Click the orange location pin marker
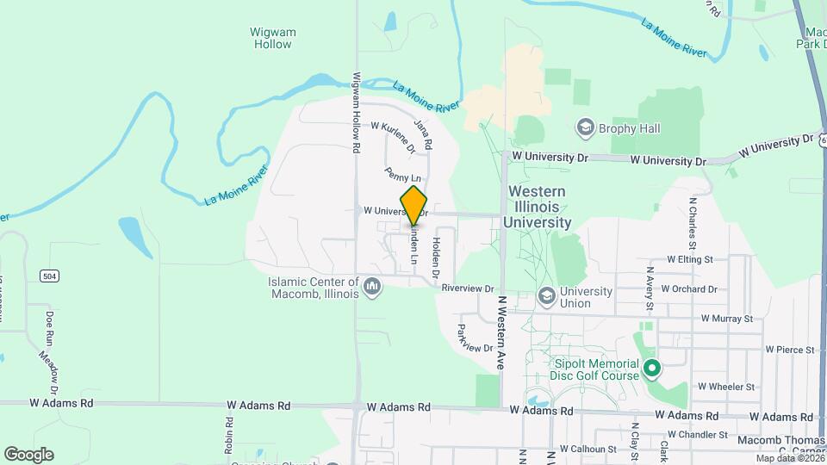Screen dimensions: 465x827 [414, 205]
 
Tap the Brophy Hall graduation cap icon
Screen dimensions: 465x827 [586, 128]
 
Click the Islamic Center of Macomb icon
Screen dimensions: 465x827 [372, 286]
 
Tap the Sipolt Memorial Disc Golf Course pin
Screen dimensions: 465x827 [652, 369]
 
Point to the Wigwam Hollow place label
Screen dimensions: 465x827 [272, 38]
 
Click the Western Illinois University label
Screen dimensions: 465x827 [538, 207]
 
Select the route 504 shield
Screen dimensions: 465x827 [49, 275]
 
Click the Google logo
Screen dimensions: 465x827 [28, 454]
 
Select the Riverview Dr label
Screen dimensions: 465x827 [467, 289]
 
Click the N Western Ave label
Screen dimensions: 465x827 [500, 334]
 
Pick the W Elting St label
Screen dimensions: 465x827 [690, 258]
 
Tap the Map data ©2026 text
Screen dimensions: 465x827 [786, 458]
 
